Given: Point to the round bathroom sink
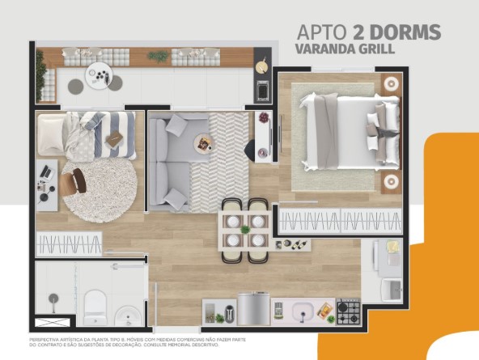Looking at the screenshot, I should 127,315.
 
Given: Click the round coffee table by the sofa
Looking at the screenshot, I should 201,144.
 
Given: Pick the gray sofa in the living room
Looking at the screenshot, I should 172,161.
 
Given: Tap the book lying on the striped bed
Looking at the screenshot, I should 115,139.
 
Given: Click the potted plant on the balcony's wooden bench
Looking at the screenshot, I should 159,56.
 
